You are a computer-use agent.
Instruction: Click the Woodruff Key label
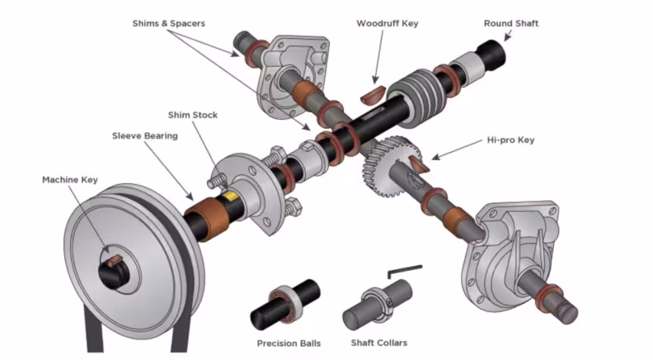(387, 23)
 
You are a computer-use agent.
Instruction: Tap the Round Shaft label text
(510, 23)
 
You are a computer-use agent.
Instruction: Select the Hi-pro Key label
(508, 140)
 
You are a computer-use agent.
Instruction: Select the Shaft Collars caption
(379, 343)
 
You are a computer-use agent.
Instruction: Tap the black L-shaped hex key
(404, 272)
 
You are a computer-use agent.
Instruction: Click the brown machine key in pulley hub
(112, 263)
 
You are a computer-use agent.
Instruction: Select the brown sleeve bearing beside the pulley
(203, 223)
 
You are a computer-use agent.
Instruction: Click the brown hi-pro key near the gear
(418, 163)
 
